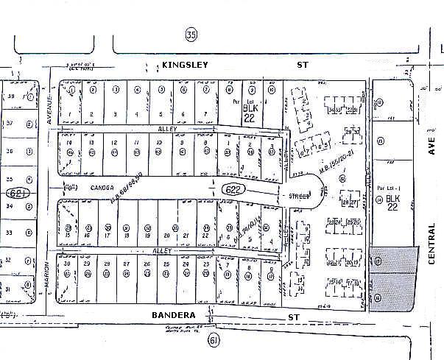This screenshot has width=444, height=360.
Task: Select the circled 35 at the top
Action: tap(192, 35)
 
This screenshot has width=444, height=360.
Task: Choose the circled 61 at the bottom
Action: tap(214, 340)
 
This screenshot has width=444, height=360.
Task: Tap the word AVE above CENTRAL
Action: tap(431, 147)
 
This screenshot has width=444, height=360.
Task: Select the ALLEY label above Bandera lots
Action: tap(161, 251)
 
